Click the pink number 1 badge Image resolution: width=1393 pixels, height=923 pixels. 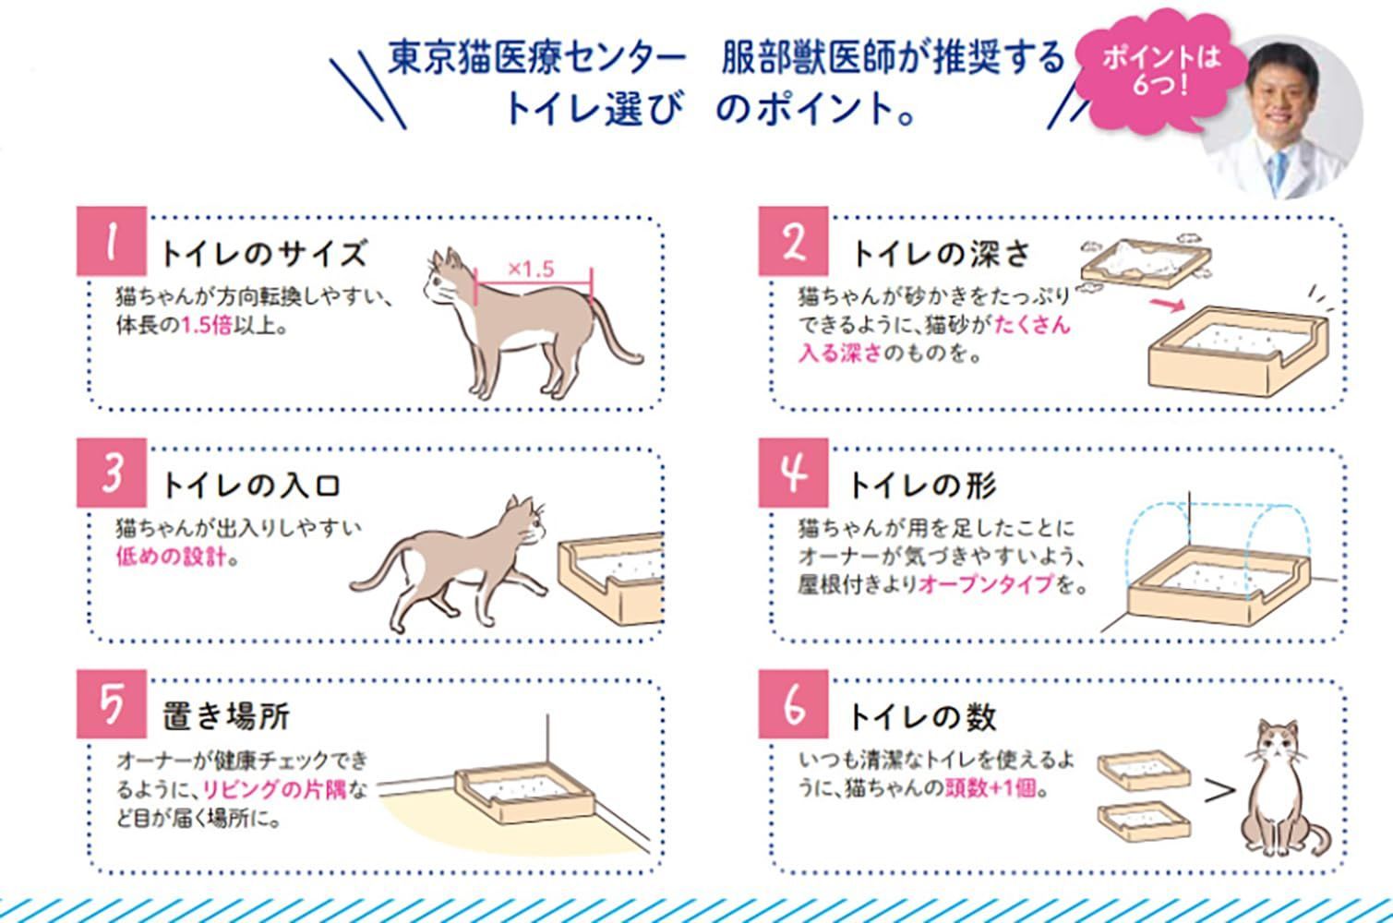111,242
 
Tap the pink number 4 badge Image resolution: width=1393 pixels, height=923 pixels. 794,473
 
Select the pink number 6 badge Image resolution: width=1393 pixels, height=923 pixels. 794,703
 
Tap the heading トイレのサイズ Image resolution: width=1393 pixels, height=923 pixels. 263,253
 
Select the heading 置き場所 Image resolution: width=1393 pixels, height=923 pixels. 226,716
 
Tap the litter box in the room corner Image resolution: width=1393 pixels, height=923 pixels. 524,795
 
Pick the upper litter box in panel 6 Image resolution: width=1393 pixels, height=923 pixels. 1142,769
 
